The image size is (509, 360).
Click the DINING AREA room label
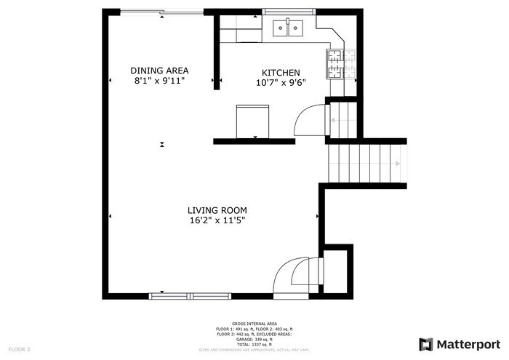[159, 71]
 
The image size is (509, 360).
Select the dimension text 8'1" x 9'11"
[159, 81]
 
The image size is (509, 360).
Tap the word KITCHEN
[281, 73]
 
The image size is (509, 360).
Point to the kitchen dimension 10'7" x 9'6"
[281, 82]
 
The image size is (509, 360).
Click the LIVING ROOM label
[213, 210]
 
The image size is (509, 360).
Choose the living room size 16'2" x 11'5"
[213, 220]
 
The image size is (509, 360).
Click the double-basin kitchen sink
[289, 28]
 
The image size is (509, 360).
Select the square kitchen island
[252, 120]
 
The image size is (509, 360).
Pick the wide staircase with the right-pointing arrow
[366, 164]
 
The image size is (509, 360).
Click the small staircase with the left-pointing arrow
[343, 119]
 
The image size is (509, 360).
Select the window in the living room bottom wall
[190, 296]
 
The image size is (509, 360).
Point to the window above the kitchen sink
[289, 12]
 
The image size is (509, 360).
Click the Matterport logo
[460, 343]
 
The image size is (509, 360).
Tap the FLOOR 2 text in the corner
[18, 350]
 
